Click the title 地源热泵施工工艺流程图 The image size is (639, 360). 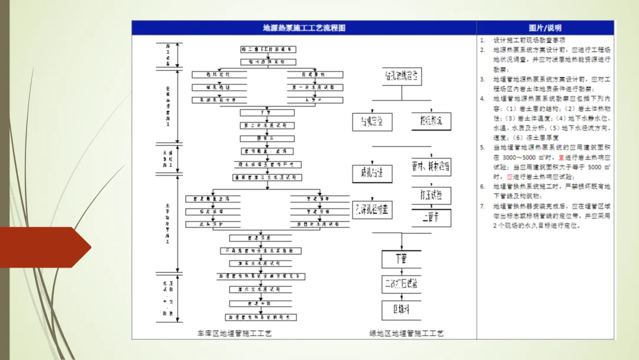tap(304, 28)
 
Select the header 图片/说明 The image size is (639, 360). tap(545, 28)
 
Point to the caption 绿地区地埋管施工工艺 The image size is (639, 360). tap(406, 333)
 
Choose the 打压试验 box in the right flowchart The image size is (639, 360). tap(431, 195)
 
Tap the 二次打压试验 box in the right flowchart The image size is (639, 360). tap(401, 284)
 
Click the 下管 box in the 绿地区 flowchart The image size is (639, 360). tap(401, 259)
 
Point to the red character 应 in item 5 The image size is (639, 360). tap(509, 176)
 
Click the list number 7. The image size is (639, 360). tap(482, 207)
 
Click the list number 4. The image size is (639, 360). tap(482, 99)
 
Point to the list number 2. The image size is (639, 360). tap(482, 50)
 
